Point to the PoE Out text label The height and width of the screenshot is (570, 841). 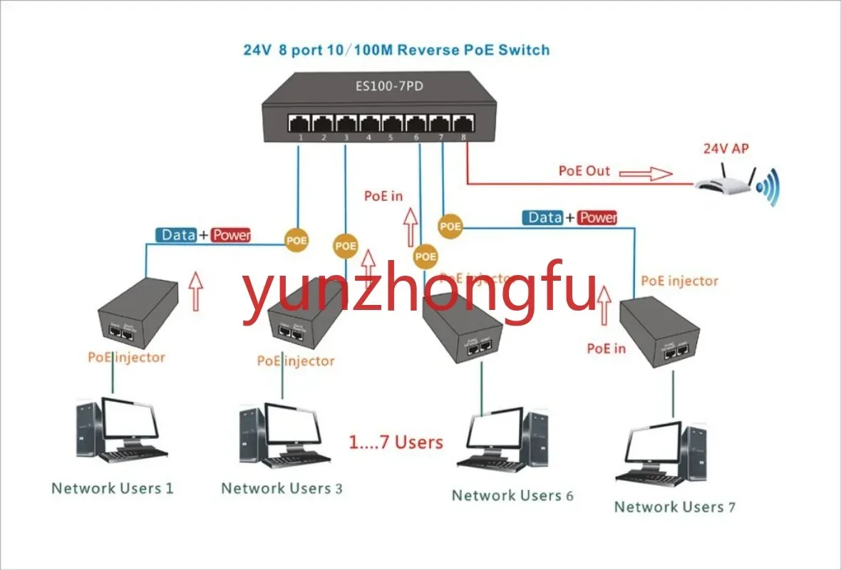pyautogui.click(x=584, y=171)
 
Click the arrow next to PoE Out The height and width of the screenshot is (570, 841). pyautogui.click(x=650, y=173)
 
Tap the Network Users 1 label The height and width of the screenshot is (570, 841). pyautogui.click(x=112, y=488)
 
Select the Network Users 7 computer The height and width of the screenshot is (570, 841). pyautogui.click(x=663, y=456)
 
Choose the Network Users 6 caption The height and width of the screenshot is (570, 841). pyautogui.click(x=512, y=495)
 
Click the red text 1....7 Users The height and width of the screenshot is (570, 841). pyautogui.click(x=396, y=442)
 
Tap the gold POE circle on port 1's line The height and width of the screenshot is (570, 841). pyautogui.click(x=296, y=240)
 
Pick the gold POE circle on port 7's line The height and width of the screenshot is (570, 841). pyautogui.click(x=450, y=227)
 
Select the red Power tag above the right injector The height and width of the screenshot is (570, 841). pyautogui.click(x=597, y=217)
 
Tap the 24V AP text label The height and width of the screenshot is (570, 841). pyautogui.click(x=726, y=149)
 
